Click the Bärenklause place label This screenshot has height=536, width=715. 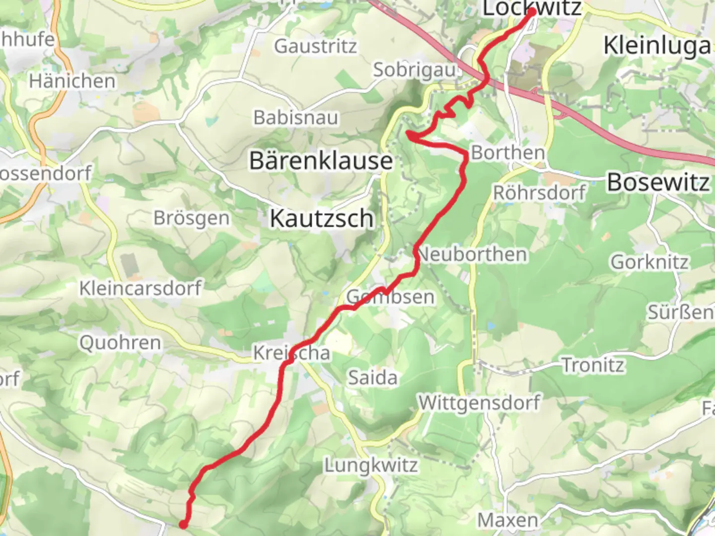[321, 161]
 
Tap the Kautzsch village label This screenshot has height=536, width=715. [321, 218]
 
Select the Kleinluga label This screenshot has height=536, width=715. [656, 46]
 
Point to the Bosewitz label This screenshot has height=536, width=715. [658, 182]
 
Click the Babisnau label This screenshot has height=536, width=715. [295, 118]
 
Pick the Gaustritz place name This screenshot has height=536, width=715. [315, 46]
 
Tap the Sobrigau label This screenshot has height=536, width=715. [414, 70]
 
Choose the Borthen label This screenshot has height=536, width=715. [507, 152]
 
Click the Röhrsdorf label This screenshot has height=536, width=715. [539, 192]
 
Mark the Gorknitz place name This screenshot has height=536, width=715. [649, 262]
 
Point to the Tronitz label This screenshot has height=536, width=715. [593, 365]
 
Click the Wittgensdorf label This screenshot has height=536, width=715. [479, 402]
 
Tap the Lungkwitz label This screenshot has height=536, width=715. [371, 466]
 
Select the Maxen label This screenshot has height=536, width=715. [507, 520]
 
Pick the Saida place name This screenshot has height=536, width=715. [372, 378]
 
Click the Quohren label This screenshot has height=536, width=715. [120, 342]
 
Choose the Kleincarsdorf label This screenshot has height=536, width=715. [141, 288]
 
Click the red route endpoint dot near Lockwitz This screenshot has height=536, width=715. [532, 12]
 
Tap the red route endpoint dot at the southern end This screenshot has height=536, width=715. [183, 524]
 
